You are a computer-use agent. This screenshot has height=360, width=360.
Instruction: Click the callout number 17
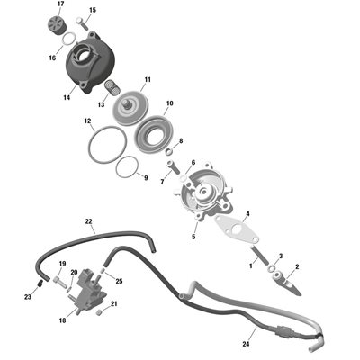pyautogui.click(x=61, y=4)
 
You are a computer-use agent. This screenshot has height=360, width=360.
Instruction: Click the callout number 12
pyautogui.click(x=87, y=121)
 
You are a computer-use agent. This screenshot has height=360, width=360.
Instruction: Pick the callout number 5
pyautogui.click(x=193, y=237)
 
